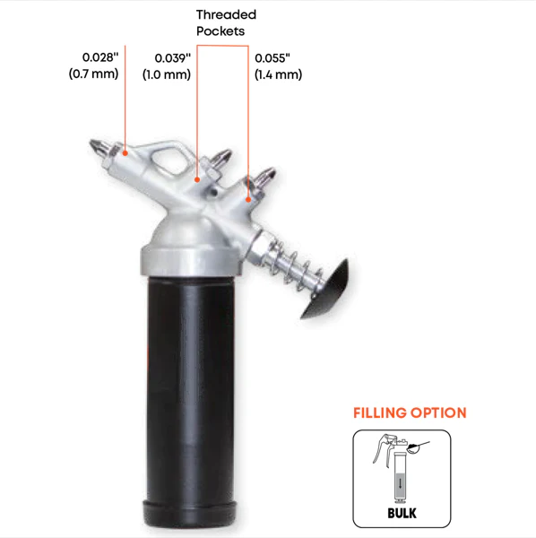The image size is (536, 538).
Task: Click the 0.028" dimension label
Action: tap(100, 57)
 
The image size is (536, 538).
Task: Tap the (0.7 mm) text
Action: tap(93, 74)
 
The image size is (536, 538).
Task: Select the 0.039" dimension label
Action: tap(172, 58)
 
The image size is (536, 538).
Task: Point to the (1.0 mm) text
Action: tap(167, 74)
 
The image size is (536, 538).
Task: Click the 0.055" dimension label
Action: tap(272, 58)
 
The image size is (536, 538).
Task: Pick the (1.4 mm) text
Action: tap(278, 74)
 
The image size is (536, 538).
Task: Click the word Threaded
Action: tap(227, 14)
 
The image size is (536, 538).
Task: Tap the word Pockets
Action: tap(220, 31)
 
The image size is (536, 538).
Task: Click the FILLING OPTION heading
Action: tap(410, 412)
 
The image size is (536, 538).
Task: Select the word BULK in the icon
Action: tap(402, 513)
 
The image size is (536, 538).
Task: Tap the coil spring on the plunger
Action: tap(298, 267)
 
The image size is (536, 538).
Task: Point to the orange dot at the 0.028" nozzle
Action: tap(125, 153)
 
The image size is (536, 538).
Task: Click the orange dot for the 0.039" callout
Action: tap(197, 179)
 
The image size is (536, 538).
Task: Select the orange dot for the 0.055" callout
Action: tap(248, 199)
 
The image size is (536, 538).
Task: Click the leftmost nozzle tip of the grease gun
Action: tap(92, 142)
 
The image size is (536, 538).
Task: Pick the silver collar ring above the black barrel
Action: tap(191, 262)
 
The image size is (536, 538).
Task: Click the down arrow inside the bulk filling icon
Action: tap(400, 483)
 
